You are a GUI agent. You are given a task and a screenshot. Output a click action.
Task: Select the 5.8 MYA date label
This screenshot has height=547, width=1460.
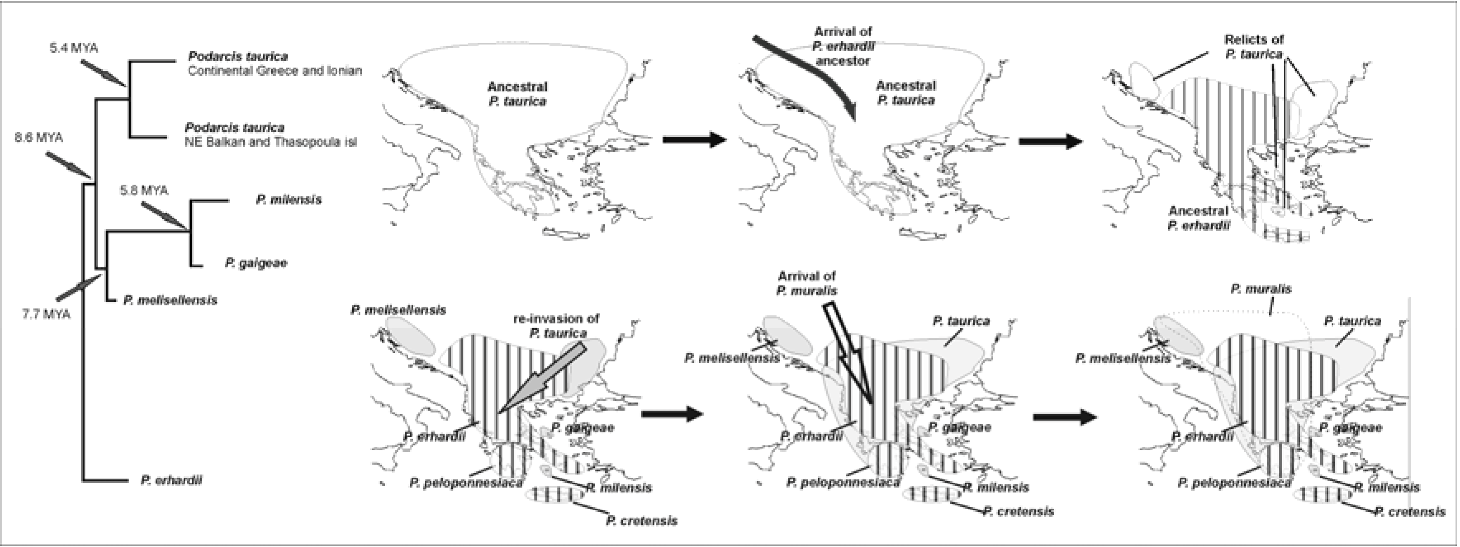coord(144,190)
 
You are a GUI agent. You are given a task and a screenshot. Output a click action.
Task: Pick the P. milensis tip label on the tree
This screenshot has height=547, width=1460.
coord(289,200)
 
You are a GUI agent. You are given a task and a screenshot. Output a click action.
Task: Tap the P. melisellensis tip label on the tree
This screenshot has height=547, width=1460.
coord(170,300)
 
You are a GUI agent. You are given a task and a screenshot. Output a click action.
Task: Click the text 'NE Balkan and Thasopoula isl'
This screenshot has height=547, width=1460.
coord(271,142)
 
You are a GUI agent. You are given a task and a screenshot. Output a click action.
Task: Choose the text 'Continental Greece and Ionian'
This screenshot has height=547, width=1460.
coord(274,71)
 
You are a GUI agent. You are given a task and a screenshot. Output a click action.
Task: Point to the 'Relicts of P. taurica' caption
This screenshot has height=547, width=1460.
coord(1254,47)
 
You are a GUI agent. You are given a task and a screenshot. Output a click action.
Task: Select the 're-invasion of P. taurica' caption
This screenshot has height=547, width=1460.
coord(556,326)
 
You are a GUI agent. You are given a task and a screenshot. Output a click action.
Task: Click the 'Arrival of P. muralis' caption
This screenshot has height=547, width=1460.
coord(807,283)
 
